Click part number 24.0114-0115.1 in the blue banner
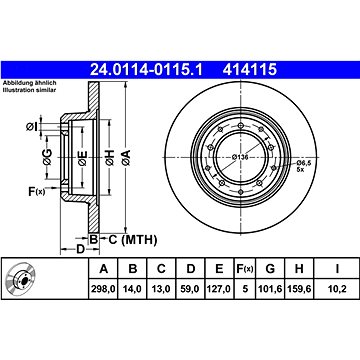tap(146, 70)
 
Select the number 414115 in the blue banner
tap(250, 70)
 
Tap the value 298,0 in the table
tap(104, 288)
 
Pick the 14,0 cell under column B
tap(133, 288)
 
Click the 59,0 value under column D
tap(190, 288)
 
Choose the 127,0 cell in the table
tap(219, 288)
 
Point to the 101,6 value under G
tap(270, 288)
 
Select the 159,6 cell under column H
tap(299, 288)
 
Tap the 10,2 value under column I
tap(337, 288)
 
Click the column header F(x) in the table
tap(245, 269)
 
